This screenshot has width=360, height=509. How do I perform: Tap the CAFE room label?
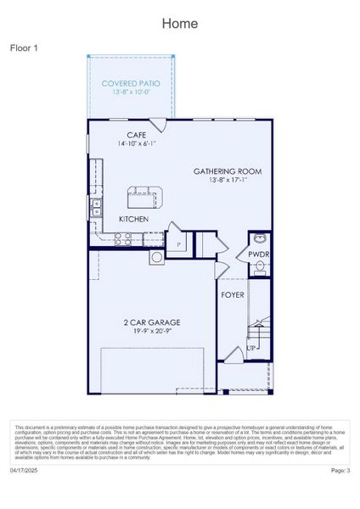coord(137,135)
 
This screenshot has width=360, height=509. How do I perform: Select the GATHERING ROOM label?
coord(227,171)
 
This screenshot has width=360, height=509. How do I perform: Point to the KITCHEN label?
coord(133,219)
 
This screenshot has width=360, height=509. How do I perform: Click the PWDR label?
coord(258,254)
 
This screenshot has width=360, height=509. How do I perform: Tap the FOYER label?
coord(233,295)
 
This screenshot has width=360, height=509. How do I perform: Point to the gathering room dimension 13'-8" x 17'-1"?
coord(227,180)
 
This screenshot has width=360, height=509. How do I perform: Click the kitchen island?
coord(144,197)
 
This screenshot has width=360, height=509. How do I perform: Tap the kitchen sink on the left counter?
coord(96,204)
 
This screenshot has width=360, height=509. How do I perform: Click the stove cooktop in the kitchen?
coord(157,256)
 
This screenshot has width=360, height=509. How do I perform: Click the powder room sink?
coord(258,238)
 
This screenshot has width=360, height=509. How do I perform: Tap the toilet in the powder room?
coord(260,266)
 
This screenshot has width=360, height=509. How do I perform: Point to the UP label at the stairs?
coord(251,348)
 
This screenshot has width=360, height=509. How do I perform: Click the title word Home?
coord(180,24)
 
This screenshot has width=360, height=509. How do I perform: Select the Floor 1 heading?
coord(25,48)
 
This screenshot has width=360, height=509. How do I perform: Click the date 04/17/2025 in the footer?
coord(25,469)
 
